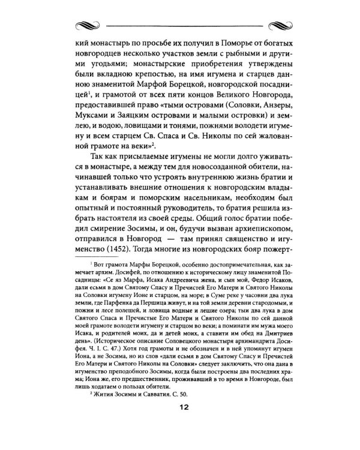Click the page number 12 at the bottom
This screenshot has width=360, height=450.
181,425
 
